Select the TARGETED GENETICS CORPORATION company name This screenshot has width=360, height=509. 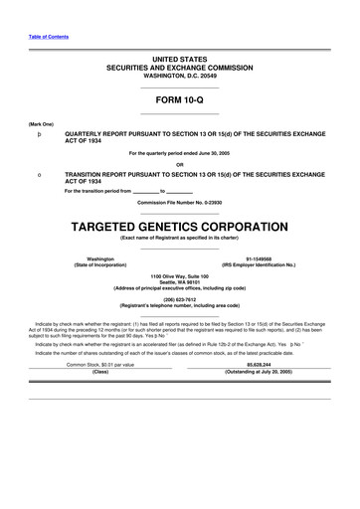coord(179,226)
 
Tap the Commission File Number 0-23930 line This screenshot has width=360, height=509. coord(179,202)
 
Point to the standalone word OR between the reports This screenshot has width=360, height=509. coord(179,164)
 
